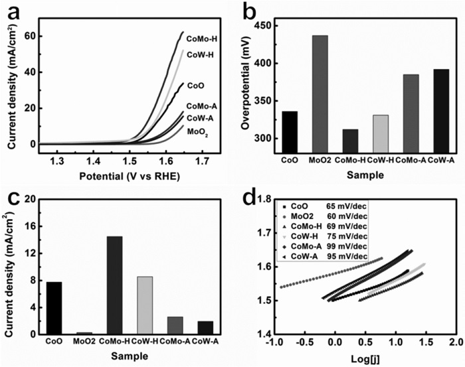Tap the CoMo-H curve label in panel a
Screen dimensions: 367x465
(x=202, y=38)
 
